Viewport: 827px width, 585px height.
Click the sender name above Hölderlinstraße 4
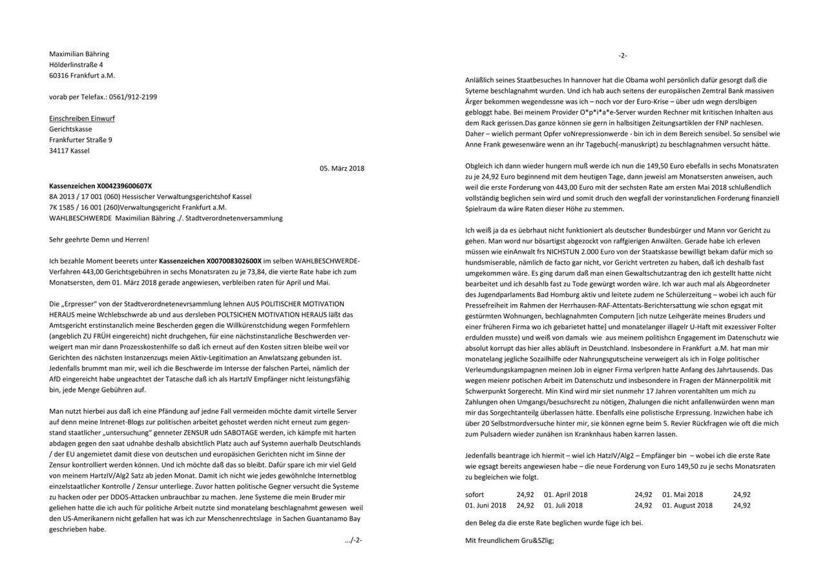(x=79, y=54)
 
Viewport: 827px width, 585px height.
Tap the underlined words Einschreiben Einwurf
(x=82, y=118)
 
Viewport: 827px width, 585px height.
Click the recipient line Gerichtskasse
(x=70, y=129)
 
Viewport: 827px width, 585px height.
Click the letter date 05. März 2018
(x=342, y=169)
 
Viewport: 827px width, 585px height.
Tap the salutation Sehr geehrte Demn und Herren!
(x=99, y=239)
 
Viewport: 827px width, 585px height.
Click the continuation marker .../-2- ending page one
(x=353, y=540)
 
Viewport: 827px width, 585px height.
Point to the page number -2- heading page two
(x=622, y=56)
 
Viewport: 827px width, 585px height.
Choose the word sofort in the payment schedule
(x=475, y=495)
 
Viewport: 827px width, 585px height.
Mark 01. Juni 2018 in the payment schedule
(x=486, y=505)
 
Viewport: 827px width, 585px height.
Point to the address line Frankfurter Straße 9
(x=81, y=139)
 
